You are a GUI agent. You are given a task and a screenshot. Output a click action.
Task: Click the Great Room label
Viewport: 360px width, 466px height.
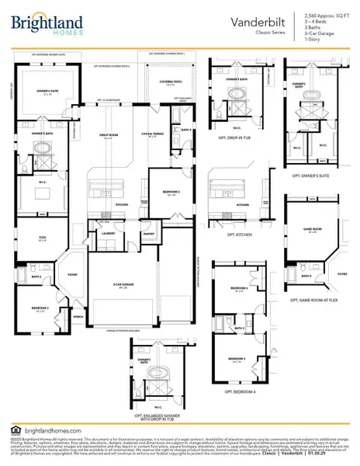pyautogui.click(x=109, y=135)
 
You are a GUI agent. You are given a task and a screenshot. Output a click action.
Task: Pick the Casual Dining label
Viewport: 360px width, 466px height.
pyautogui.click(x=151, y=135)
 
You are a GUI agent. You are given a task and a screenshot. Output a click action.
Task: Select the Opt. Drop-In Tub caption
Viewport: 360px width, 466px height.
pyautogui.click(x=233, y=159)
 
